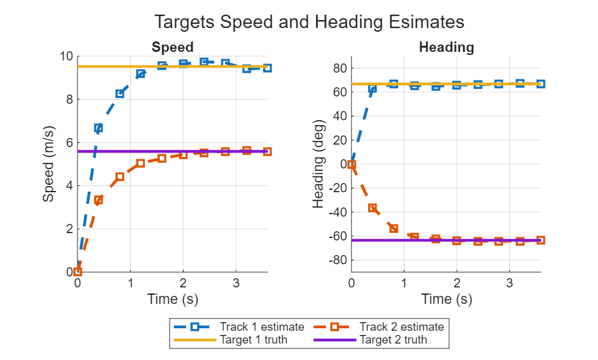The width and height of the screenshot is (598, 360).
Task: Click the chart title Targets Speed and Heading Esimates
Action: click(309, 22)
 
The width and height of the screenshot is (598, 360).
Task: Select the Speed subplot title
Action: click(173, 47)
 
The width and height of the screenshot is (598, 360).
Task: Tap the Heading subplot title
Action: click(446, 47)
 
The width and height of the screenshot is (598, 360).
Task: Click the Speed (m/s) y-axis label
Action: click(49, 164)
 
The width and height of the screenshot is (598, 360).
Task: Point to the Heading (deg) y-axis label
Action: click(319, 164)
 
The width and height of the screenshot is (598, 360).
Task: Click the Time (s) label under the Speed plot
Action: click(173, 299)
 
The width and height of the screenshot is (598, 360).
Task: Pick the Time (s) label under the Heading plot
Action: click(446, 299)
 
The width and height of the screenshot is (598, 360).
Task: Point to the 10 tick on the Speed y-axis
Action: click(67, 57)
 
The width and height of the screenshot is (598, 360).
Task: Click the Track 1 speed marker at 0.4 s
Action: click(98, 128)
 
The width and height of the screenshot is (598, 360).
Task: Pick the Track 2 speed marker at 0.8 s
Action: click(120, 177)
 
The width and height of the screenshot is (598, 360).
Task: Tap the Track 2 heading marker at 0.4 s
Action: click(372, 208)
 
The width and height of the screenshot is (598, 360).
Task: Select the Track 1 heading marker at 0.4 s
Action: click(372, 88)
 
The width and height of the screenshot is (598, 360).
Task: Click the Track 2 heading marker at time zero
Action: click(351, 165)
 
